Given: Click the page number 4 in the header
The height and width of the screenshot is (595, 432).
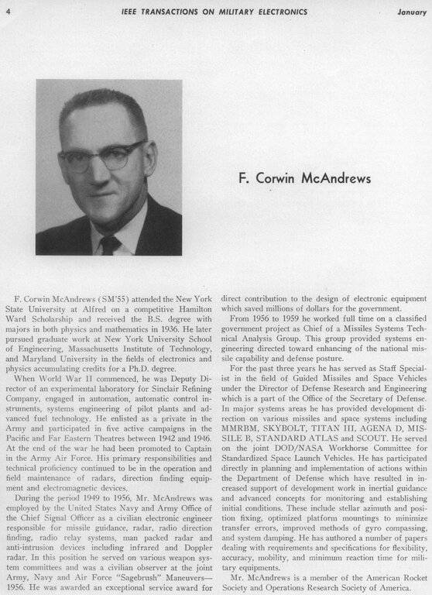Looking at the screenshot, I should (x=9, y=12).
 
